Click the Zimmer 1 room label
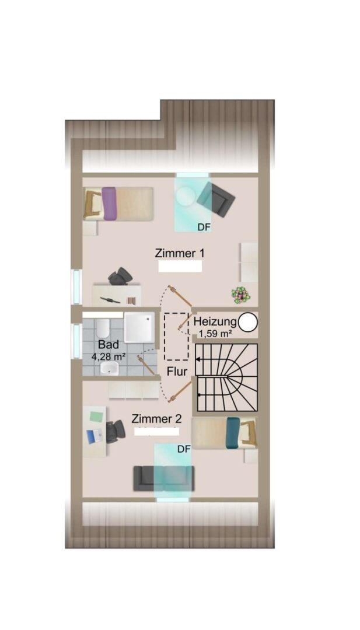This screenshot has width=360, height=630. click(180, 254)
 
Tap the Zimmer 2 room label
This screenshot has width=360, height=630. click(156, 419)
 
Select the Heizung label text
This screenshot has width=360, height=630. click(215, 321)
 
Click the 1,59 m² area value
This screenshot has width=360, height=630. click(216, 333)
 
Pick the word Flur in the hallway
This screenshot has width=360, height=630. click(177, 372)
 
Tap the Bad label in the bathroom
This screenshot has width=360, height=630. click(109, 345)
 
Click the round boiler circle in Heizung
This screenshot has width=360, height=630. click(248, 322)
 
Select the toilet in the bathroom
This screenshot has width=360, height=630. click(103, 328)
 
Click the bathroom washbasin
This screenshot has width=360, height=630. click(109, 368)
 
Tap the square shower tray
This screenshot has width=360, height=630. click(139, 328)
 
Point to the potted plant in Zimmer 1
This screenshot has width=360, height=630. click(240, 295)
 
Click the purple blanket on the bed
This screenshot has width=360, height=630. click(109, 204)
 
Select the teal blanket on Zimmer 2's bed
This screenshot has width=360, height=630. click(233, 433)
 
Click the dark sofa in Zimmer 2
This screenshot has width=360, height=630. click(164, 478)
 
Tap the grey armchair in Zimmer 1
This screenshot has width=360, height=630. click(216, 199)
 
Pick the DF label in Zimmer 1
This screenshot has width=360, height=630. click(204, 228)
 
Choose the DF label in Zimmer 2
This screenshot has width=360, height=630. click(184, 450)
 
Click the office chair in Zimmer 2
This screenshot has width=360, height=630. click(116, 432)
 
